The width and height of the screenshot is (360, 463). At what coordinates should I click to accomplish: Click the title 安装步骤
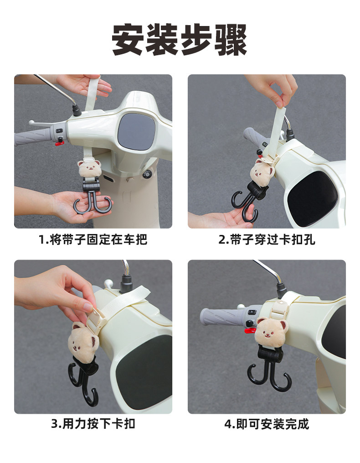tap(179, 40)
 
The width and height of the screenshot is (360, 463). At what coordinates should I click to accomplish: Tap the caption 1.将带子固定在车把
tap(93, 239)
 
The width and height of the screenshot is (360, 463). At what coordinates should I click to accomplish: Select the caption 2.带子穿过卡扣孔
tap(267, 239)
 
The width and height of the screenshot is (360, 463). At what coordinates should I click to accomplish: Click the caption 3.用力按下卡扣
tap(93, 424)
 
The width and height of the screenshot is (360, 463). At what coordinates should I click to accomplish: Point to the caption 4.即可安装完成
tap(267, 424)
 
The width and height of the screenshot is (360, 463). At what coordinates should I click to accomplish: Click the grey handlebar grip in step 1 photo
tap(32, 137)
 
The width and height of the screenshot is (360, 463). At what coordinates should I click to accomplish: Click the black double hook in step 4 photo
tap(269, 369)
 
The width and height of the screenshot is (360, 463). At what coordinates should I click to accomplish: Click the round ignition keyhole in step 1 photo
tap(147, 174)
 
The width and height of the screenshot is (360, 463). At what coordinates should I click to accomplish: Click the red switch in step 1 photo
tap(60, 144)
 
